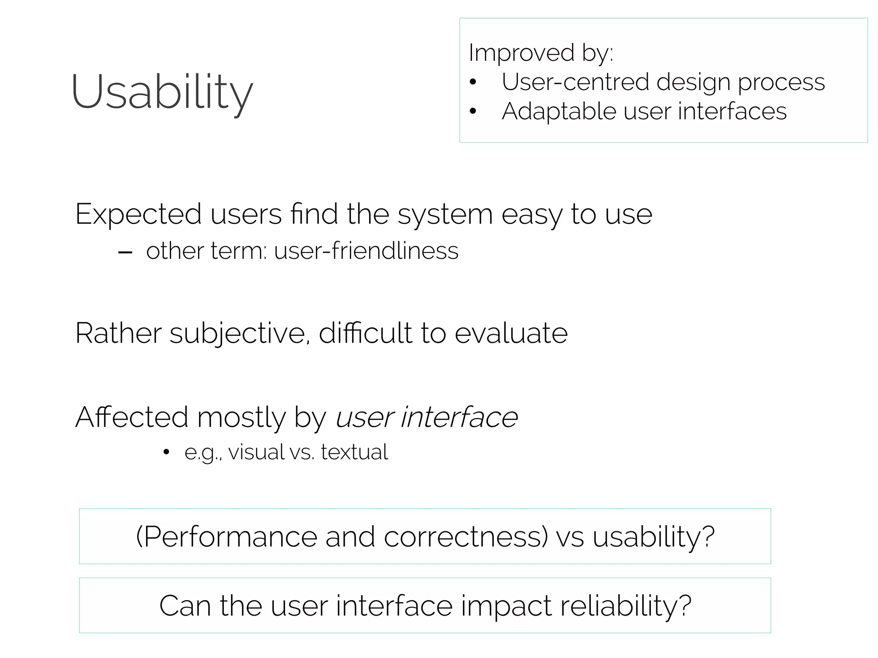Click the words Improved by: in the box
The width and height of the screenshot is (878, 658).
click(541, 53)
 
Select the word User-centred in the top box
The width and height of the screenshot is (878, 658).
click(575, 82)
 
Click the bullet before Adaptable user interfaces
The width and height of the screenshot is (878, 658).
click(473, 112)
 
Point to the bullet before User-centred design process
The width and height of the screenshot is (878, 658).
click(473, 82)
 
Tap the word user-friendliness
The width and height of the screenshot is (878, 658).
click(366, 251)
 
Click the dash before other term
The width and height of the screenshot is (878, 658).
click(125, 252)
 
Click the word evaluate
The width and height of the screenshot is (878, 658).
click(511, 333)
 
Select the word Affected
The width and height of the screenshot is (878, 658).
click(132, 417)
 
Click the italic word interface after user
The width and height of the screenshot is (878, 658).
click(459, 417)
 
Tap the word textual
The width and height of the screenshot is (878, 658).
click(354, 452)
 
